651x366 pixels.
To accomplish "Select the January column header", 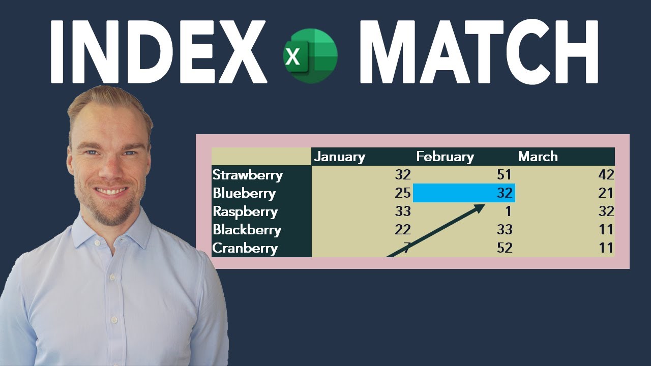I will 339,157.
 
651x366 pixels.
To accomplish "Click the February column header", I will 445,157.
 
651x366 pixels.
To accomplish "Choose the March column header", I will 538,157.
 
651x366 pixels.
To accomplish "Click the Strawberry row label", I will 247,175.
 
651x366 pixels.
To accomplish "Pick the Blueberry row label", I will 244,193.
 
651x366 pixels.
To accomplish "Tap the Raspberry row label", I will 245,211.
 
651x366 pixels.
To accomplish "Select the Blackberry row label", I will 247,230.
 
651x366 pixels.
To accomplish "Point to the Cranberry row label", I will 245,248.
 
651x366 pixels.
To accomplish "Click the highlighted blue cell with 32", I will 464,193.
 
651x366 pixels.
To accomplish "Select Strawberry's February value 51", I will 504,175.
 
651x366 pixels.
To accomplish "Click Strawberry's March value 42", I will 606,175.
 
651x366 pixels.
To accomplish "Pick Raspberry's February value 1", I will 508,211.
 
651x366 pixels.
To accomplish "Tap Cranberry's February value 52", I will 504,248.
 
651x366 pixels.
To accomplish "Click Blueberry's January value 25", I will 402,193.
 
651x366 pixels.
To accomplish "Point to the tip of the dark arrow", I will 484,205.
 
